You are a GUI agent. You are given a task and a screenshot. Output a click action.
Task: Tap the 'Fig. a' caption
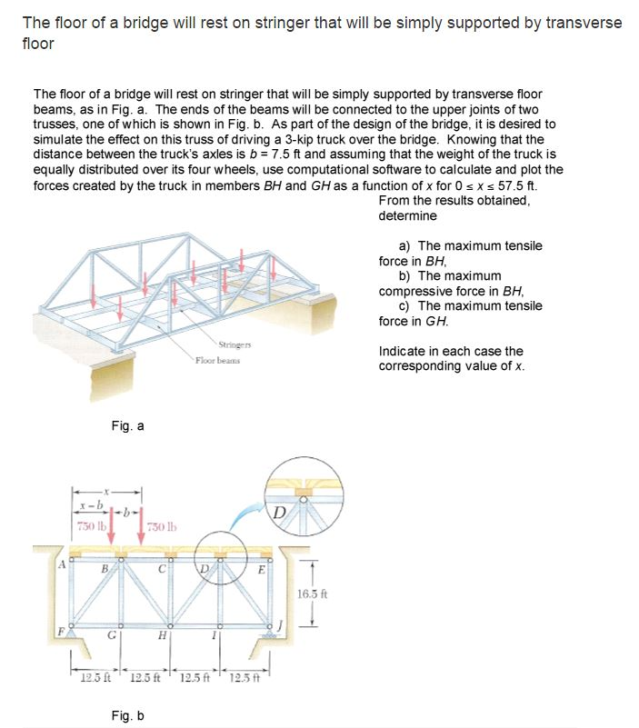(126, 425)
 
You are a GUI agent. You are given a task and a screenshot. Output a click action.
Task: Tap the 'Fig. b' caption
(126, 717)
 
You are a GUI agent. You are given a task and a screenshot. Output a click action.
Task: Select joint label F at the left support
(60, 626)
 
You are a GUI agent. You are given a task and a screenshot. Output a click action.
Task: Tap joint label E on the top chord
(261, 570)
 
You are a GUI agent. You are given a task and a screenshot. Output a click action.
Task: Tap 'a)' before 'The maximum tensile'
(405, 246)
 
